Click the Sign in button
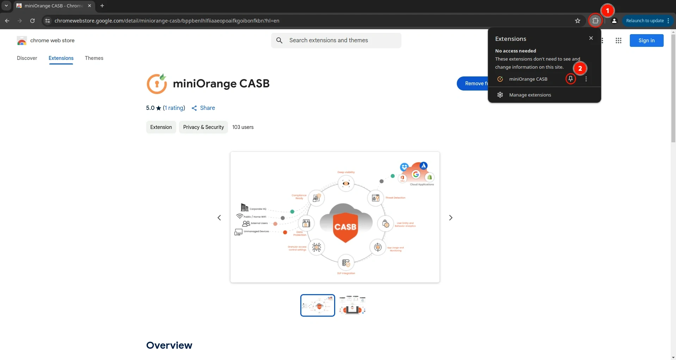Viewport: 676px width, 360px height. coord(646,41)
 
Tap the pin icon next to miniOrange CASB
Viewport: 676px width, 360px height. coord(571,79)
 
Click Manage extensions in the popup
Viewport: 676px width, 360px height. coord(530,95)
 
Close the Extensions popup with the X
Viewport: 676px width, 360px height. coord(591,38)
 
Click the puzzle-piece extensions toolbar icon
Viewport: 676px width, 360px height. coord(596,21)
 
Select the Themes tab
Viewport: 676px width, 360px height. coord(94,58)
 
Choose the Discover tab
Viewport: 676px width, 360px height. coord(27,58)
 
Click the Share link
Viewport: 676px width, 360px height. coord(203,108)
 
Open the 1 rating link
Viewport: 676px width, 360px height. coord(174,108)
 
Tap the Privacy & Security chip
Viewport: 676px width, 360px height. coord(203,127)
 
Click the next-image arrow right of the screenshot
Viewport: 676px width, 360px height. coord(451,218)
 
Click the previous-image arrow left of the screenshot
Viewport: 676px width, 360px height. coord(219,218)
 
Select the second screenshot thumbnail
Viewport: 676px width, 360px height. coord(352,305)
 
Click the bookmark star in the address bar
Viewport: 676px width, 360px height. coord(578,21)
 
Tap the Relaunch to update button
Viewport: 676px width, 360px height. coord(645,21)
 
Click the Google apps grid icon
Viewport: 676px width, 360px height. coord(619,41)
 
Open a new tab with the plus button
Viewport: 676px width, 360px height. coord(102,6)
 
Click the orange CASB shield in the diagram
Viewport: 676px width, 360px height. coord(345,227)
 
